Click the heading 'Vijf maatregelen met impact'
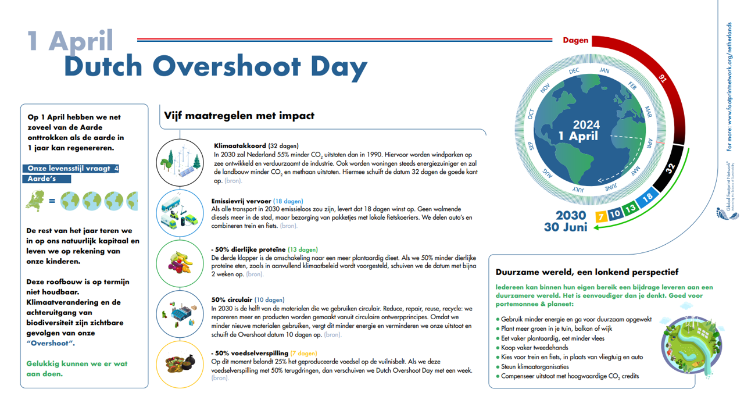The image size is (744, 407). (239, 116)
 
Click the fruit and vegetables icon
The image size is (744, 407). (179, 263)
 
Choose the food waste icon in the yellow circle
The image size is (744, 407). (179, 365)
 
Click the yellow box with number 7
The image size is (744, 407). (601, 216)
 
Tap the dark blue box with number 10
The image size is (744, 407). (614, 213)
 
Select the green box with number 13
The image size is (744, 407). (629, 208)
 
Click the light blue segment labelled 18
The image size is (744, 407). (647, 197)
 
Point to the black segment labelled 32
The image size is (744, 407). (669, 169)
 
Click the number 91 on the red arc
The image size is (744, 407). (662, 77)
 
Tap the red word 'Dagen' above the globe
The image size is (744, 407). (575, 41)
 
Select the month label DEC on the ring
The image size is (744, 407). (574, 71)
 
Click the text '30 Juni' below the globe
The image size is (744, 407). (565, 227)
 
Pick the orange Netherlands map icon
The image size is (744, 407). (36, 201)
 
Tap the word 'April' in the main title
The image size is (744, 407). (81, 40)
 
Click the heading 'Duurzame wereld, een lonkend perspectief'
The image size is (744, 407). (587, 272)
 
